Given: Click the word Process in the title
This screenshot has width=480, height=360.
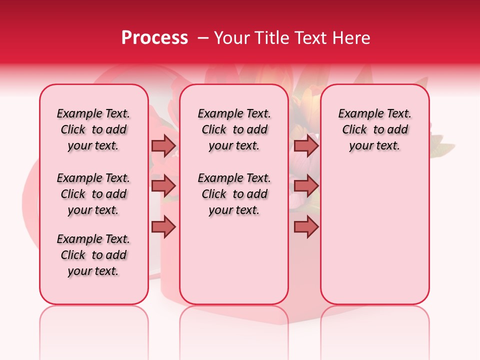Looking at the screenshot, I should click(x=154, y=38).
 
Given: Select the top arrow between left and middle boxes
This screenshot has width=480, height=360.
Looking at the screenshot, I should click(x=163, y=145).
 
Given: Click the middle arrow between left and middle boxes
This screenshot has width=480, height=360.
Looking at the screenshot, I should click(x=163, y=186).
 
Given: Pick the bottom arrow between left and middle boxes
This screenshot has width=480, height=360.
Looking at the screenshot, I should click(x=163, y=226).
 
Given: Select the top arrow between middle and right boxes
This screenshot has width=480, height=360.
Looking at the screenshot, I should click(x=306, y=145).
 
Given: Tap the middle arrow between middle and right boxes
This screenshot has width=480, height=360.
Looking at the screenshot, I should click(x=306, y=186).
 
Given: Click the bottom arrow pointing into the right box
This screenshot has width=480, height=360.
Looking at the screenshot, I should click(x=306, y=226).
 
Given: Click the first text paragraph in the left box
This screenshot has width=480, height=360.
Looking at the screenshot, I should click(x=93, y=129).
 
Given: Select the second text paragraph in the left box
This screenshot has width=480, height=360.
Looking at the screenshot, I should click(x=93, y=194).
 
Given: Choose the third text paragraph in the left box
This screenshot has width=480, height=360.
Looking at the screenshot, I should click(x=93, y=255).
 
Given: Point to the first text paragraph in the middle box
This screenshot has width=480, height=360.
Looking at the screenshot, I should click(x=234, y=129).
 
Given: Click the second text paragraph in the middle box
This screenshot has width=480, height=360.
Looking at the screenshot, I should click(x=234, y=194).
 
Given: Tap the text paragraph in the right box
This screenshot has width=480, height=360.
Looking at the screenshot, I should click(x=375, y=129).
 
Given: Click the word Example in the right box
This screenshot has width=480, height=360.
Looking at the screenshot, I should click(x=357, y=114).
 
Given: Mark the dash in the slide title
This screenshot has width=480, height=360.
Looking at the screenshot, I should click(x=203, y=38).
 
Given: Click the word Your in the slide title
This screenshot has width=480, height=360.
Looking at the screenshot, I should click(x=230, y=38).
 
